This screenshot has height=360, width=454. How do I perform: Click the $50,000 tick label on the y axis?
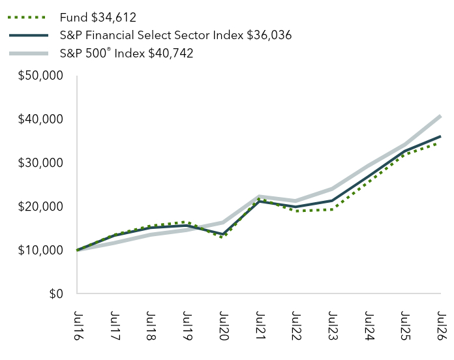[40, 76]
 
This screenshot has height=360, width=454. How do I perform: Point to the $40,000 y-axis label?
[40, 119]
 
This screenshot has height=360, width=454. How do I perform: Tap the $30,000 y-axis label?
[40, 163]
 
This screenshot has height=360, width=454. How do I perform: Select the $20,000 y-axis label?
[40, 207]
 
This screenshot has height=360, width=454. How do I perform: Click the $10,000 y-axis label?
[40, 250]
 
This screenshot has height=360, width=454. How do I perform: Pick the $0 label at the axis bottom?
[56, 294]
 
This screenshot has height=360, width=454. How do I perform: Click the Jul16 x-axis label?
[78, 325]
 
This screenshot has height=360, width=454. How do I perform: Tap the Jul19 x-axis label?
[187, 325]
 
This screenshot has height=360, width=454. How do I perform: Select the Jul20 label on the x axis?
[224, 325]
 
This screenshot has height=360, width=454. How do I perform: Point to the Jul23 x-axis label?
[333, 325]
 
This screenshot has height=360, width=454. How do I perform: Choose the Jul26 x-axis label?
[442, 325]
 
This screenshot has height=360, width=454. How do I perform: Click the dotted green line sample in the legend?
[27, 18]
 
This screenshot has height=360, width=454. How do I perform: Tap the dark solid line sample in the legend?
[29, 35]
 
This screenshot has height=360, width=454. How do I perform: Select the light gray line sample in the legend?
[29, 53]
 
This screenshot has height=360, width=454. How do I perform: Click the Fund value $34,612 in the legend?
[113, 18]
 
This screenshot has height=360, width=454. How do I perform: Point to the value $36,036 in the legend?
[269, 35]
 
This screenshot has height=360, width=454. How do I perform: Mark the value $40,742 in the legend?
[171, 53]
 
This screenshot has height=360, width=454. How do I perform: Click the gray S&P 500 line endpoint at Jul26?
[440, 116]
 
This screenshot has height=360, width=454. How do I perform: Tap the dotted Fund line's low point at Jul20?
[222, 237]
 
